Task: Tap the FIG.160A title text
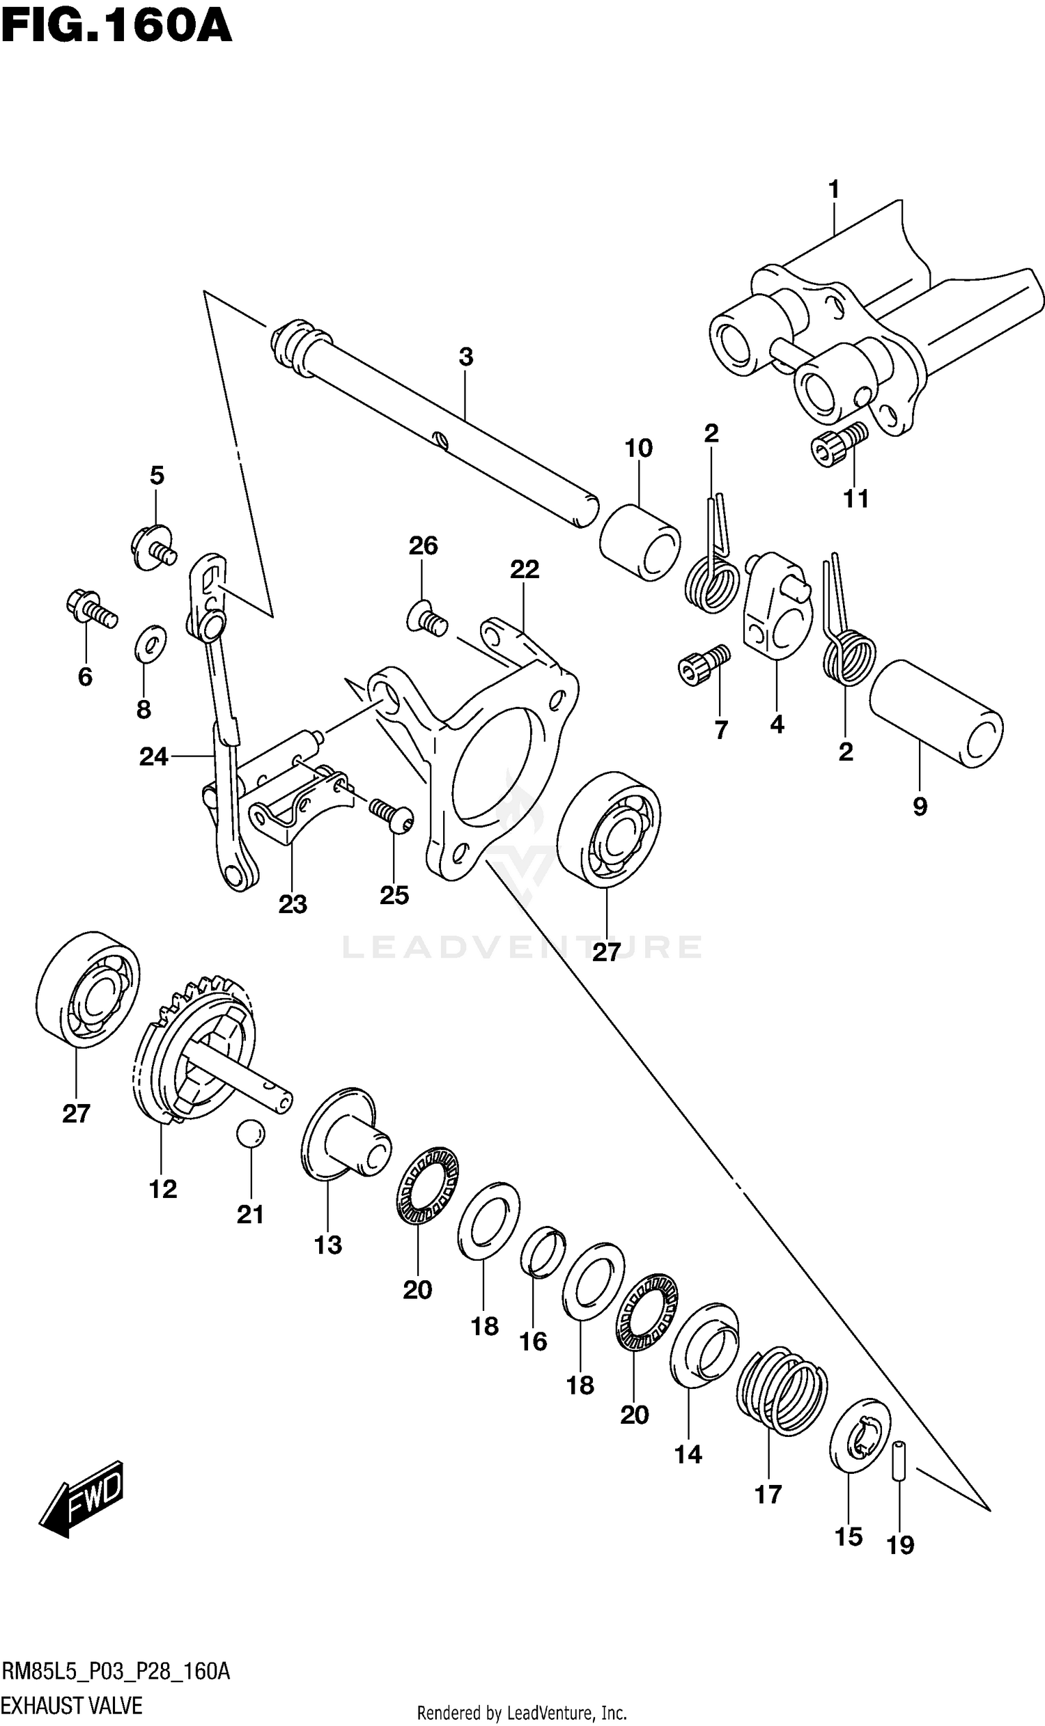tap(116, 28)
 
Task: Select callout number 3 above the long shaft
tap(466, 357)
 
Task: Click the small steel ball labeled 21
tap(250, 1133)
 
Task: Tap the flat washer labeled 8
tap(150, 643)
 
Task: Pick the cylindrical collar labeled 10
tap(640, 541)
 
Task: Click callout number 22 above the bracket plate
tap(525, 570)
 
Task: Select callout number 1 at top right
tap(833, 190)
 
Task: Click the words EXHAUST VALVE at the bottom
tap(73, 1705)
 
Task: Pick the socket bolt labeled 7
tap(704, 664)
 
